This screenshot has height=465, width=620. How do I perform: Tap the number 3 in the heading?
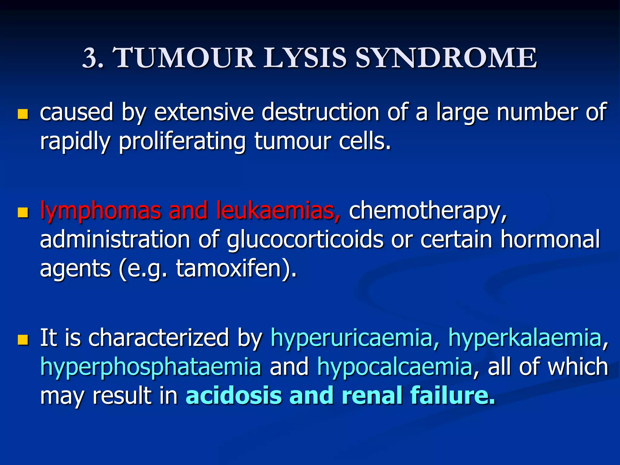tap(90, 58)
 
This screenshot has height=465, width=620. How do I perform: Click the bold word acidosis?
tap(233, 395)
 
